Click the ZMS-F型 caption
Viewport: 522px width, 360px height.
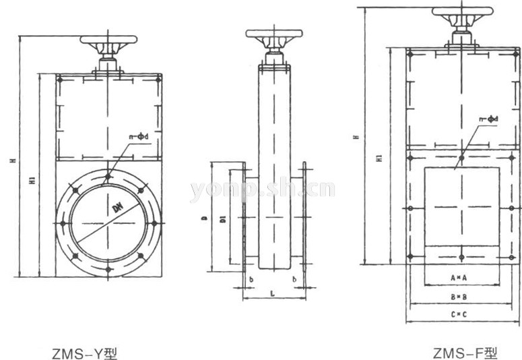click(x=466, y=351)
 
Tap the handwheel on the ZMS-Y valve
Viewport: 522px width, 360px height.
click(x=108, y=40)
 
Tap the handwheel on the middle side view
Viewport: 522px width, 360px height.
click(x=273, y=34)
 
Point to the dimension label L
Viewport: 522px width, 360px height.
click(x=272, y=294)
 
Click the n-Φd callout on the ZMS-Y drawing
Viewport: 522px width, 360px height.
click(x=139, y=137)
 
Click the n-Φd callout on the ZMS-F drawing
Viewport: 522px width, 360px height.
click(x=488, y=119)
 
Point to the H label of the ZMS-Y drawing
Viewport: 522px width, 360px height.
click(x=12, y=160)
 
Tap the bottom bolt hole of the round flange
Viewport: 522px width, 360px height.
click(x=108, y=269)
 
